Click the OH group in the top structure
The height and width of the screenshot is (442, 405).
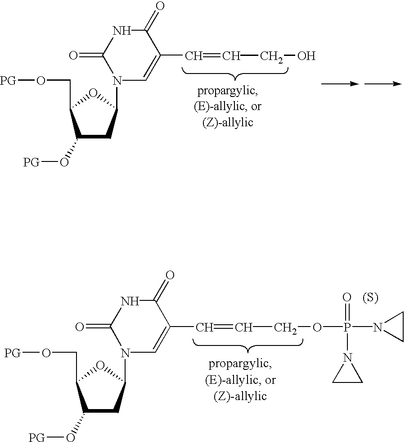coord(306,56)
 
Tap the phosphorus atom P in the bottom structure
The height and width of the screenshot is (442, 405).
coord(347,327)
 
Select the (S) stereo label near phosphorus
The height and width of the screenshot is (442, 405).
coord(370,298)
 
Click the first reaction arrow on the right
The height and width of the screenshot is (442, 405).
coord(340,84)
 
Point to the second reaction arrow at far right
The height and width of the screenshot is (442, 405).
coord(383,84)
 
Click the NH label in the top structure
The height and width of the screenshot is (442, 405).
coord(122,31)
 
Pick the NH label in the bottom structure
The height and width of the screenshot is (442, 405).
coord(130,301)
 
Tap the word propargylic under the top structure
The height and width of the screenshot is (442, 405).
coord(228,92)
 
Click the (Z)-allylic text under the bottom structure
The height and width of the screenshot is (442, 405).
coord(240,396)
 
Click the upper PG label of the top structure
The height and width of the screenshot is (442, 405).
coord(8,81)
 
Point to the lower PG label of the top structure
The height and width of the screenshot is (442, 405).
coord(31,162)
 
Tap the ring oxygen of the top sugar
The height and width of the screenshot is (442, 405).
coord(93,93)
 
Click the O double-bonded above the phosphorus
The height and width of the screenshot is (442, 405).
coord(347,297)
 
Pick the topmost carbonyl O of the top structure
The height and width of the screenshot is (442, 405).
coord(160,6)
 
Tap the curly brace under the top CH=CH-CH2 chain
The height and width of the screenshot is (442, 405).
coord(235,73)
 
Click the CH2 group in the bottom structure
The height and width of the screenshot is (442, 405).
coord(285,328)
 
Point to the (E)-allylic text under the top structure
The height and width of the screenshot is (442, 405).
coord(228,106)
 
